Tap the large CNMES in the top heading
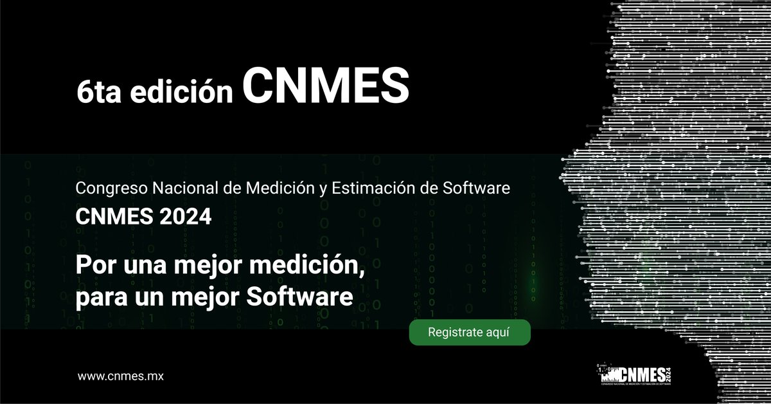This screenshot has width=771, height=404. click(x=326, y=86)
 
